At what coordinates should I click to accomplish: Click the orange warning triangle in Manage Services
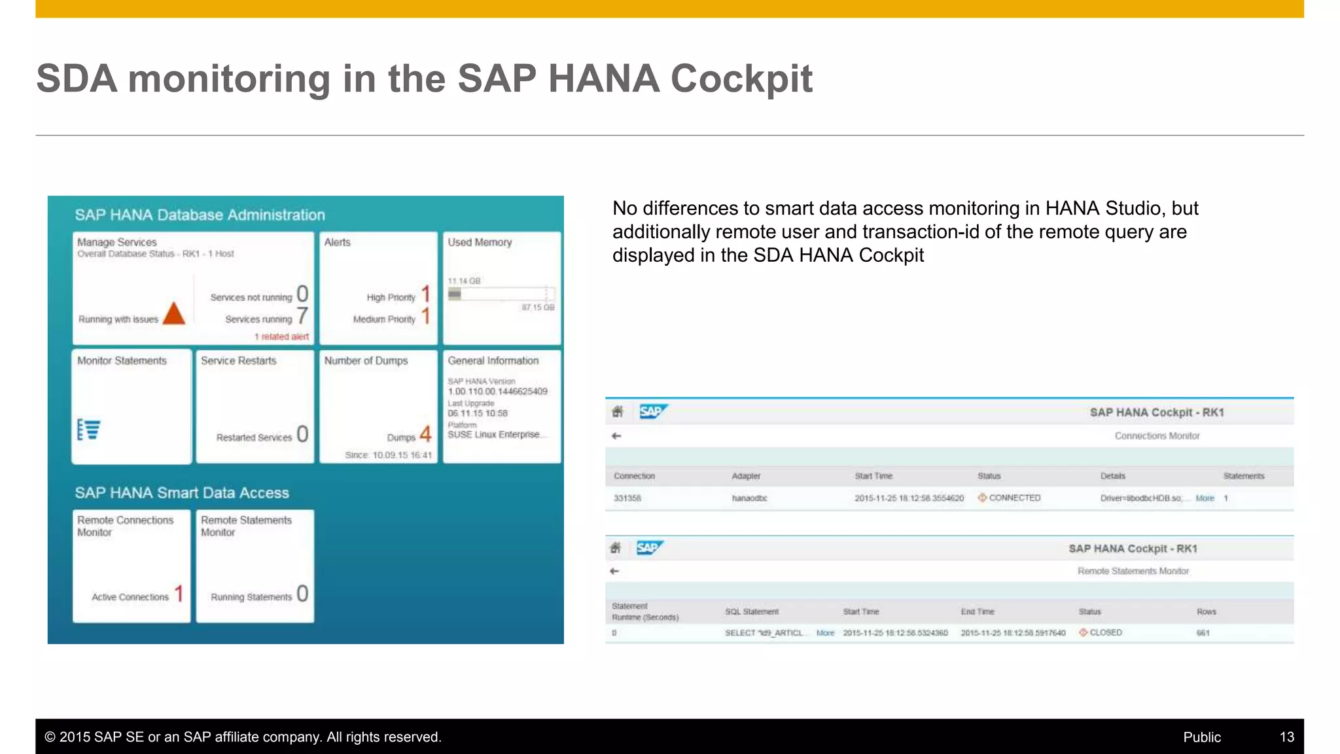pos(174,314)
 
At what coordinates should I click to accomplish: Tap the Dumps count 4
pos(425,434)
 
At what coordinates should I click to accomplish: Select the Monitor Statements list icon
pos(88,429)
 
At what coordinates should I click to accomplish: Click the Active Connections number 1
pos(179,594)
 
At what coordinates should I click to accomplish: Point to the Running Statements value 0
pos(302,594)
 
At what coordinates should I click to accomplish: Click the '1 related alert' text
pos(281,336)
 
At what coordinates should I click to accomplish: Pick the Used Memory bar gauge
pos(501,294)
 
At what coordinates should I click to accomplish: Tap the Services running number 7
pos(302,316)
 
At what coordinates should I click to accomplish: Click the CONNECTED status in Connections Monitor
pos(1014,498)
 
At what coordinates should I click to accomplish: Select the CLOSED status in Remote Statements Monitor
pos(1104,633)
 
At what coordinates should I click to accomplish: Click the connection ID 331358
pos(627,498)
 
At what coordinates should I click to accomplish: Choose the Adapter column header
pos(746,476)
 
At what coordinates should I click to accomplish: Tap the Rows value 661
pos(1203,633)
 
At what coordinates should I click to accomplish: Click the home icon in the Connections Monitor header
pos(617,412)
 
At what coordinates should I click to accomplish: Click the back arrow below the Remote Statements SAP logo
pos(614,571)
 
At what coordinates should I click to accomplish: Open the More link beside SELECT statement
pos(825,633)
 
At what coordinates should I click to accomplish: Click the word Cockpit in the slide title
pos(741,79)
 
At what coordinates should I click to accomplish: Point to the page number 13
pos(1286,737)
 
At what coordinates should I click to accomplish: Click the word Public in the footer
pos(1201,737)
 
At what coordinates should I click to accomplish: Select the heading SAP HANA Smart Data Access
pos(182,493)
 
